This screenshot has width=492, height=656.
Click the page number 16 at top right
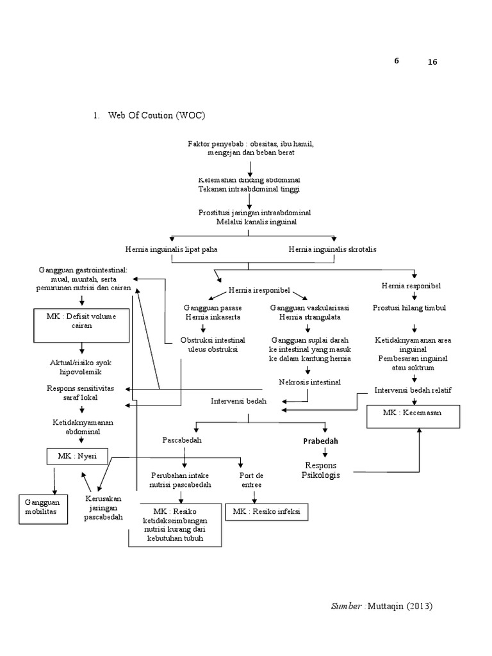click(x=432, y=62)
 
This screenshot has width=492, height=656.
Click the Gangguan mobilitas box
click(x=41, y=509)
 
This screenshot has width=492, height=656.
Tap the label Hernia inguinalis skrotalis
click(x=332, y=249)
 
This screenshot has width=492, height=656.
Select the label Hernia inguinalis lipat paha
click(x=172, y=249)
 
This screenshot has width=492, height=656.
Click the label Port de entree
click(x=251, y=480)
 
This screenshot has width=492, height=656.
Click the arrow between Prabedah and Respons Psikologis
click(x=325, y=453)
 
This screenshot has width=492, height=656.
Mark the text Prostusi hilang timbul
click(x=410, y=307)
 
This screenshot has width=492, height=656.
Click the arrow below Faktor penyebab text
click(x=250, y=168)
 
